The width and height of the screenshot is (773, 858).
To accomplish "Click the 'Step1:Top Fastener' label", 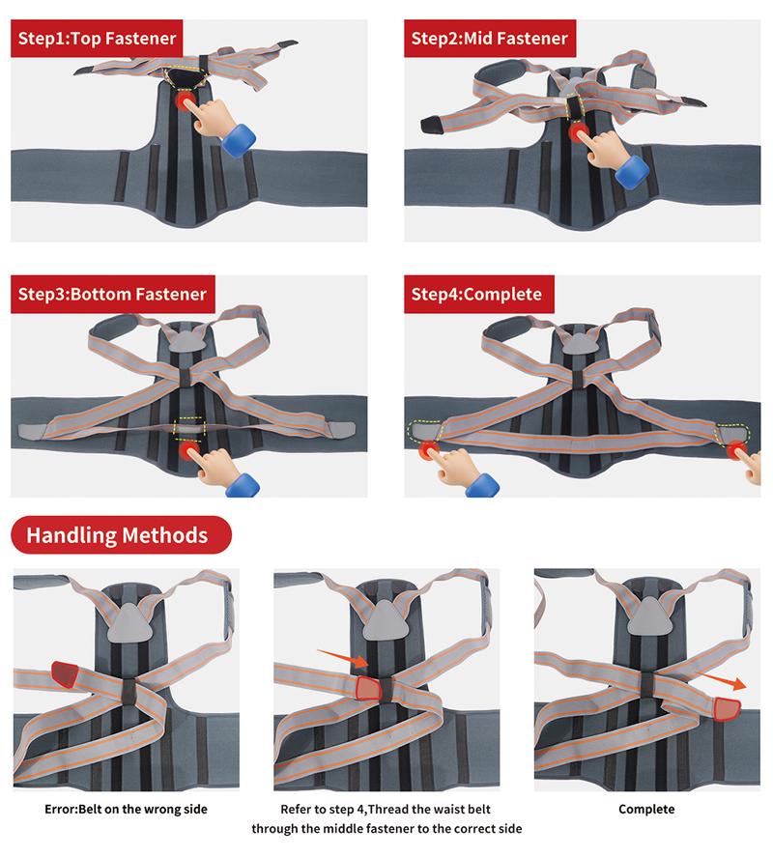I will pos(97,39).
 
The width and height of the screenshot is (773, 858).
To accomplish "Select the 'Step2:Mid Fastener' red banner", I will pos(490,39).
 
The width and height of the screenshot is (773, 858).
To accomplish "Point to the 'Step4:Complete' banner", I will pos(476,294).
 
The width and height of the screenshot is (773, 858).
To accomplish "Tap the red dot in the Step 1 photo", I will pos(185,100).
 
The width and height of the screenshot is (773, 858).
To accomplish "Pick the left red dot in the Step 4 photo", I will pos(426,449).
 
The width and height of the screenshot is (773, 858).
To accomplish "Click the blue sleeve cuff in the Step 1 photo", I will pos(238,138).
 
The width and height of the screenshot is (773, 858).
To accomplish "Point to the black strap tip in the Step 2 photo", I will pos(431,123).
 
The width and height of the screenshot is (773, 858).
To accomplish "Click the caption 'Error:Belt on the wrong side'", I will pos(126,809).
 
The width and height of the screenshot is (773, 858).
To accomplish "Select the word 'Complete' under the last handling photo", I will pos(646,809).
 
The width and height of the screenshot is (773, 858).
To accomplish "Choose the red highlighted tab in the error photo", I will pos(64,670).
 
